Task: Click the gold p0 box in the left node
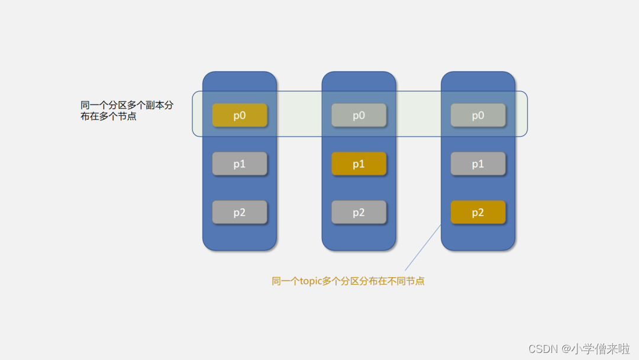coord(240,115)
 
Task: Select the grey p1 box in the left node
coord(240,164)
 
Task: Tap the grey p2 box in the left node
coord(240,213)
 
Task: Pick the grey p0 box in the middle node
coord(359,115)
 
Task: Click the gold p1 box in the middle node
coord(359,164)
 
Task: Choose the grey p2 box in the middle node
coord(359,213)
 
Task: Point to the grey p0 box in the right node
coord(478,115)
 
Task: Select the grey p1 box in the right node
coord(478,164)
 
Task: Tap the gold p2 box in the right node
coord(478,213)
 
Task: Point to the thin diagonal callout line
coord(423,247)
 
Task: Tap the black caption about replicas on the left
coord(127,111)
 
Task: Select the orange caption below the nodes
coord(348,281)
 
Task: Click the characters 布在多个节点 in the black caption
coord(109,117)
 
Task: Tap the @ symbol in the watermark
coord(566,349)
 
